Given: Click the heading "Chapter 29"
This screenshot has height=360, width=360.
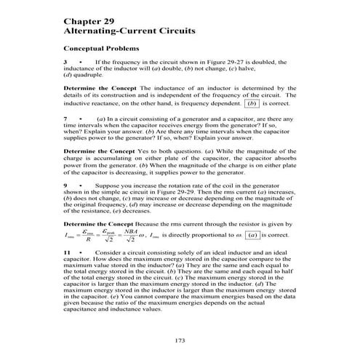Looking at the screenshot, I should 86,23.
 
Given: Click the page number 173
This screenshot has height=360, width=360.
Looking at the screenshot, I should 180,341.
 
